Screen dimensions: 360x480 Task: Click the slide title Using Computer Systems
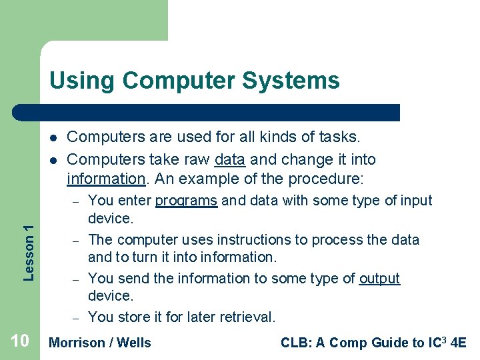click(x=194, y=81)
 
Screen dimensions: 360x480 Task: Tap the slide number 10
click(x=20, y=341)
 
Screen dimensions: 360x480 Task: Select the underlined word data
click(x=230, y=159)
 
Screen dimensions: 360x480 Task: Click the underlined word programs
click(x=186, y=201)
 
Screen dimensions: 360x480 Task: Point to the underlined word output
click(x=379, y=279)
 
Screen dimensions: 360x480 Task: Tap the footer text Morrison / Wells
click(x=100, y=343)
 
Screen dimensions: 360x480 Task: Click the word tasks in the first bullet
click(x=339, y=137)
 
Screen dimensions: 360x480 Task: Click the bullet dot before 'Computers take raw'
click(x=51, y=160)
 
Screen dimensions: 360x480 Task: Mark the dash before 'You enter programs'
click(x=77, y=201)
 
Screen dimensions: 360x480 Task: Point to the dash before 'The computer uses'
click(x=77, y=240)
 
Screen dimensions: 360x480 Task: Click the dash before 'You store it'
click(x=77, y=318)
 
